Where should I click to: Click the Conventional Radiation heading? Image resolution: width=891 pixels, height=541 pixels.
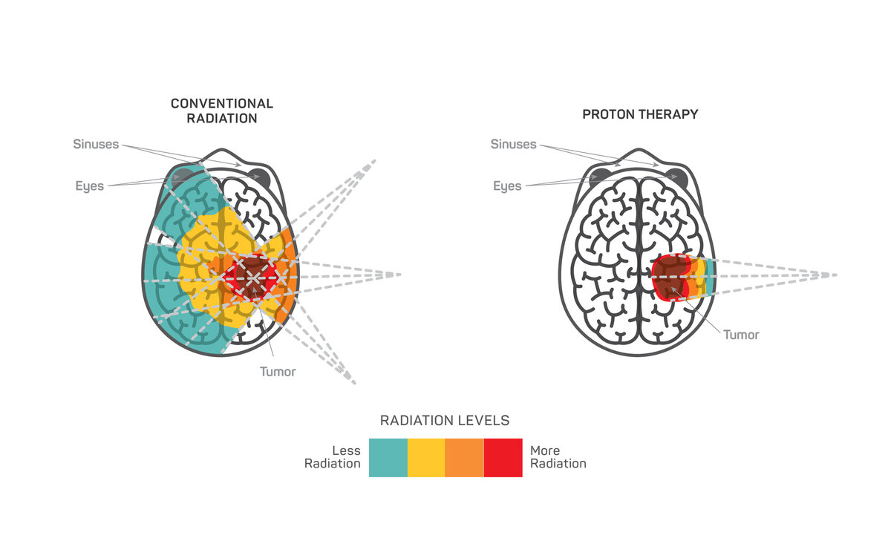coord(222,111)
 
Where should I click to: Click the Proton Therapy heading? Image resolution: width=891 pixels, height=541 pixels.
coord(640,114)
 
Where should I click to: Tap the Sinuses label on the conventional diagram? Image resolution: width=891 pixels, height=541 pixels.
coord(96,144)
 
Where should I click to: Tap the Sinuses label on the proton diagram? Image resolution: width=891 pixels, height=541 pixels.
coord(513,144)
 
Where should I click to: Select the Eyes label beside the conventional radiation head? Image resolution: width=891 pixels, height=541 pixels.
coord(90,186)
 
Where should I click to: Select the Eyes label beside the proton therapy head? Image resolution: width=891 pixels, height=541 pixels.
coord(507,186)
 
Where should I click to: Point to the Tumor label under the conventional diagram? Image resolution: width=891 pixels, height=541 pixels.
coord(278,371)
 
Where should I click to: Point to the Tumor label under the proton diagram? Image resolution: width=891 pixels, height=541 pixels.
coord(741,335)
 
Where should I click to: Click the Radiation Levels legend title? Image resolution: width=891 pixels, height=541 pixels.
coord(445,421)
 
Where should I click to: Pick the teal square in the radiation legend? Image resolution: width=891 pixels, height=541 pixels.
coord(388,457)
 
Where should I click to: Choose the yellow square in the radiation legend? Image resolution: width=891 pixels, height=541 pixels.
coord(426,457)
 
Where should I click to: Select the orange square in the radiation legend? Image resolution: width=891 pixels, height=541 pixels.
coord(464,457)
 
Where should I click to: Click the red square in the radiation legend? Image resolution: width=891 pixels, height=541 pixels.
coord(503,457)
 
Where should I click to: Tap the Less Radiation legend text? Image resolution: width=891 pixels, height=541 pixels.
coord(333,457)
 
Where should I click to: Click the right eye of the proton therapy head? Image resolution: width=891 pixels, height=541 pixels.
coord(676,177)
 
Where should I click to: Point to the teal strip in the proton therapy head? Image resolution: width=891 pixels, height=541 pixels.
coord(710,276)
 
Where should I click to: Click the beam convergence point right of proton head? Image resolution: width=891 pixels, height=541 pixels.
coord(826,275)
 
